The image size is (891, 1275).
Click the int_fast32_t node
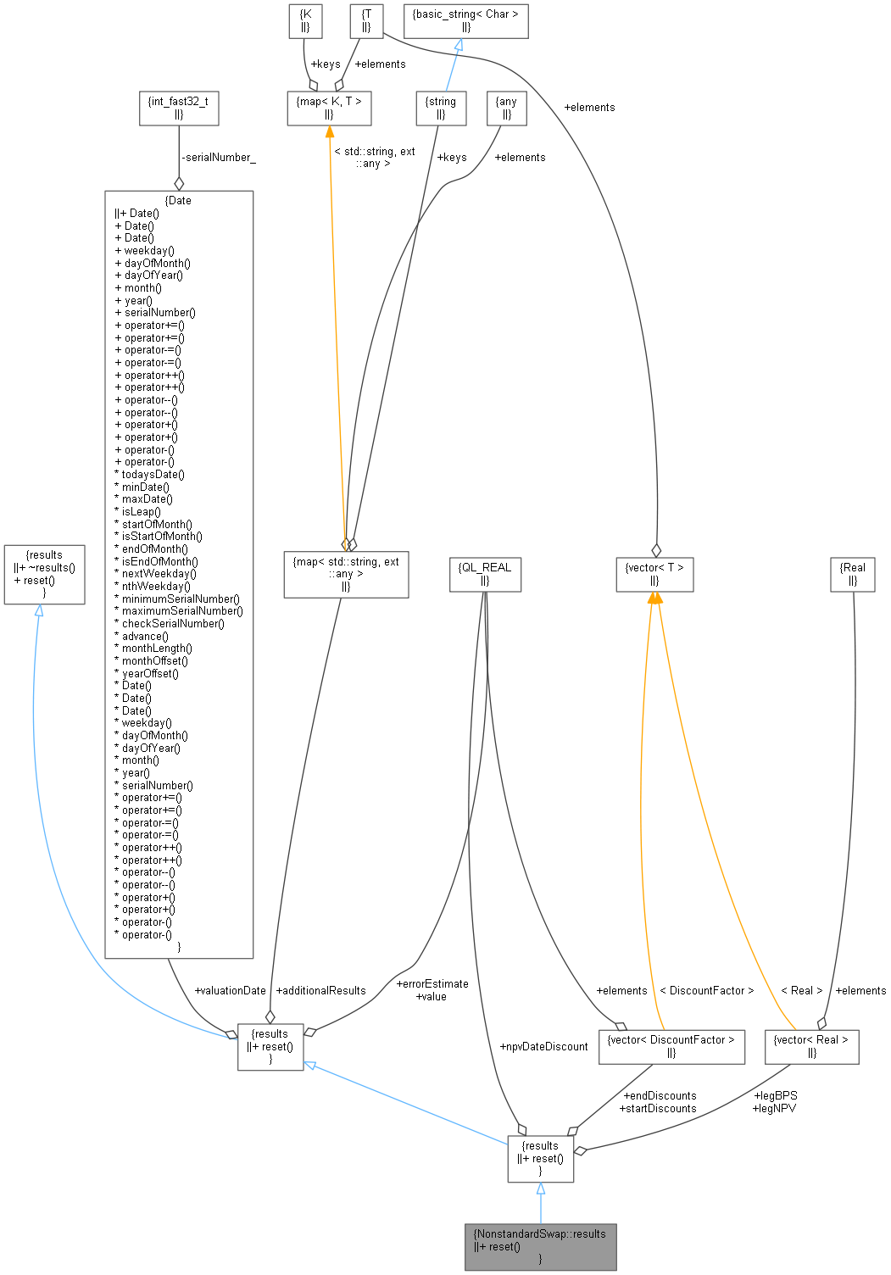(x=178, y=108)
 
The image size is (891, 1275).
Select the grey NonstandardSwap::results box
(x=540, y=1246)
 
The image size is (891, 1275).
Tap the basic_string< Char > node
(x=465, y=20)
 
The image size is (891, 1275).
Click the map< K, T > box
(x=329, y=108)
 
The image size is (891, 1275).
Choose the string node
(x=441, y=108)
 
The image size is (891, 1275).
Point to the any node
(x=506, y=108)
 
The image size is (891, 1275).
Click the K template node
(x=305, y=20)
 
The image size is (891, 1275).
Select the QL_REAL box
(x=484, y=574)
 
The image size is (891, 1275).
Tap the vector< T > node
(x=654, y=574)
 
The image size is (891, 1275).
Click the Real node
(x=852, y=574)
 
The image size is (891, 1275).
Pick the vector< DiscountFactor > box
(x=671, y=1046)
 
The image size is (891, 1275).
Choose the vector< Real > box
(x=811, y=1046)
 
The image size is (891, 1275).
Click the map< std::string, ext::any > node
(x=345, y=574)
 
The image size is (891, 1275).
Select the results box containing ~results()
(x=44, y=574)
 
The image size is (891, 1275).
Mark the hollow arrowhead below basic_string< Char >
(x=458, y=45)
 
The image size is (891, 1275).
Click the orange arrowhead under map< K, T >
(x=330, y=132)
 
